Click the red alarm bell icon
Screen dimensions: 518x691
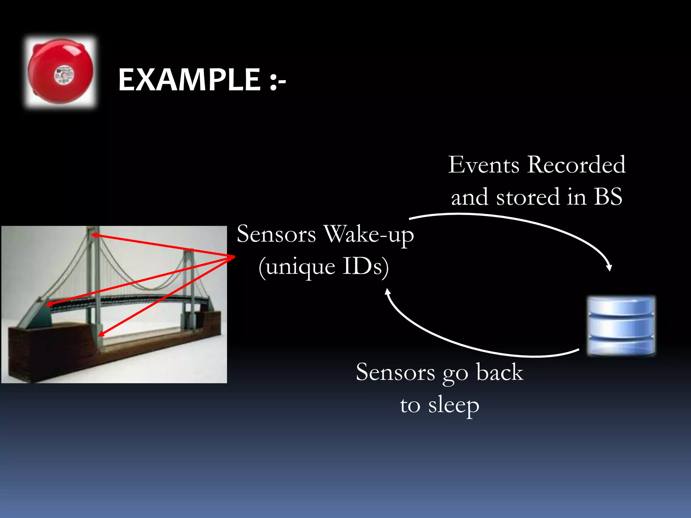coord(61,72)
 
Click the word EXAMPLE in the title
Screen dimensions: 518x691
coord(189,80)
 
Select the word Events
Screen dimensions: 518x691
coord(483,165)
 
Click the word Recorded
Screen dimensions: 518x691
coord(576,165)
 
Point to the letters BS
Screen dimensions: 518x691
coord(608,197)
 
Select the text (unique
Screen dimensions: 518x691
coord(297,267)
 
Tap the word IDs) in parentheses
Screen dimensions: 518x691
coord(366,267)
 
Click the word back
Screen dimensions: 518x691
coord(499,372)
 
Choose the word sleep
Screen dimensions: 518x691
coord(454,405)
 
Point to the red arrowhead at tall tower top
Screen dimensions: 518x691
coord(94,235)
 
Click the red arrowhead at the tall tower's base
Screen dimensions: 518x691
coord(101,335)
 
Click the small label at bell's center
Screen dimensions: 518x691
coord(64,75)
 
